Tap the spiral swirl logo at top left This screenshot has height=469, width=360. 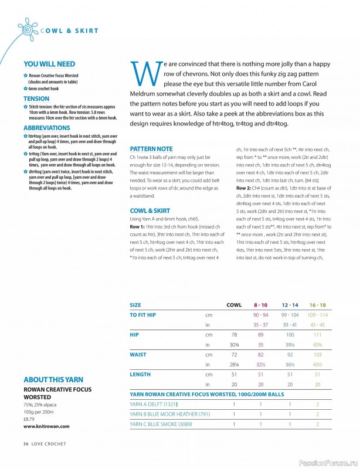point(26,28)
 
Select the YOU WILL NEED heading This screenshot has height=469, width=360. point(49,64)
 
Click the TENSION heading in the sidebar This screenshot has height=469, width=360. point(36,98)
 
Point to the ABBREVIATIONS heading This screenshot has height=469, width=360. point(47,128)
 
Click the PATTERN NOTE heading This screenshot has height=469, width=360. point(151,149)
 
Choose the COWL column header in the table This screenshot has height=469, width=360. point(234,305)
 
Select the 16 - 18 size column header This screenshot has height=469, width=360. point(317,305)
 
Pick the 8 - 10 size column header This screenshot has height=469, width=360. point(260,305)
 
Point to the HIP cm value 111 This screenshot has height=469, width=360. point(317,335)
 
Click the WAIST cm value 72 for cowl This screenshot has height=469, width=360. point(234,355)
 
